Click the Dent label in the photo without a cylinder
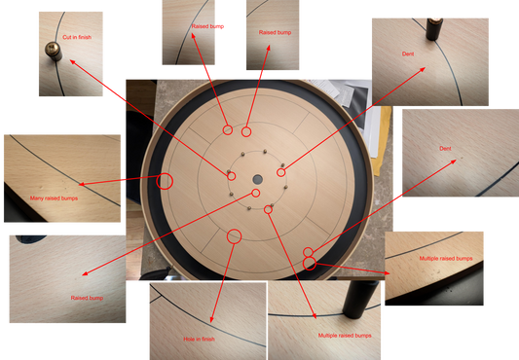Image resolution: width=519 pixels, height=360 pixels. point(445,148)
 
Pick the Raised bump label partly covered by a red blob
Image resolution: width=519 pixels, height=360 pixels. point(204,28)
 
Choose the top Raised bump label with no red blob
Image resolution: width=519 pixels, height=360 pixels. point(276,32)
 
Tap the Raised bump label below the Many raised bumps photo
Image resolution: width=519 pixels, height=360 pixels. point(87,298)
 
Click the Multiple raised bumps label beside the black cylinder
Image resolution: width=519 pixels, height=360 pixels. point(345,335)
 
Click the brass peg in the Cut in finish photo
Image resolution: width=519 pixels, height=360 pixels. point(50,49)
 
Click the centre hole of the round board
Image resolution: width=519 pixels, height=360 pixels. point(257,180)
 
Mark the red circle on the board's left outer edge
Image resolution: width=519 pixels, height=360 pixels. point(165,180)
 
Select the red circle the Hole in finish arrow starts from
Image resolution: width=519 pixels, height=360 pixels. point(234,235)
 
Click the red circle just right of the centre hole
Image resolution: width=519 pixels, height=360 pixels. point(281,172)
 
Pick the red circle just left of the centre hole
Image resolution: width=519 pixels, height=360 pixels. point(232,175)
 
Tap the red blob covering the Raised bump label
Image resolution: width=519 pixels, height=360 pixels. point(221,26)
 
